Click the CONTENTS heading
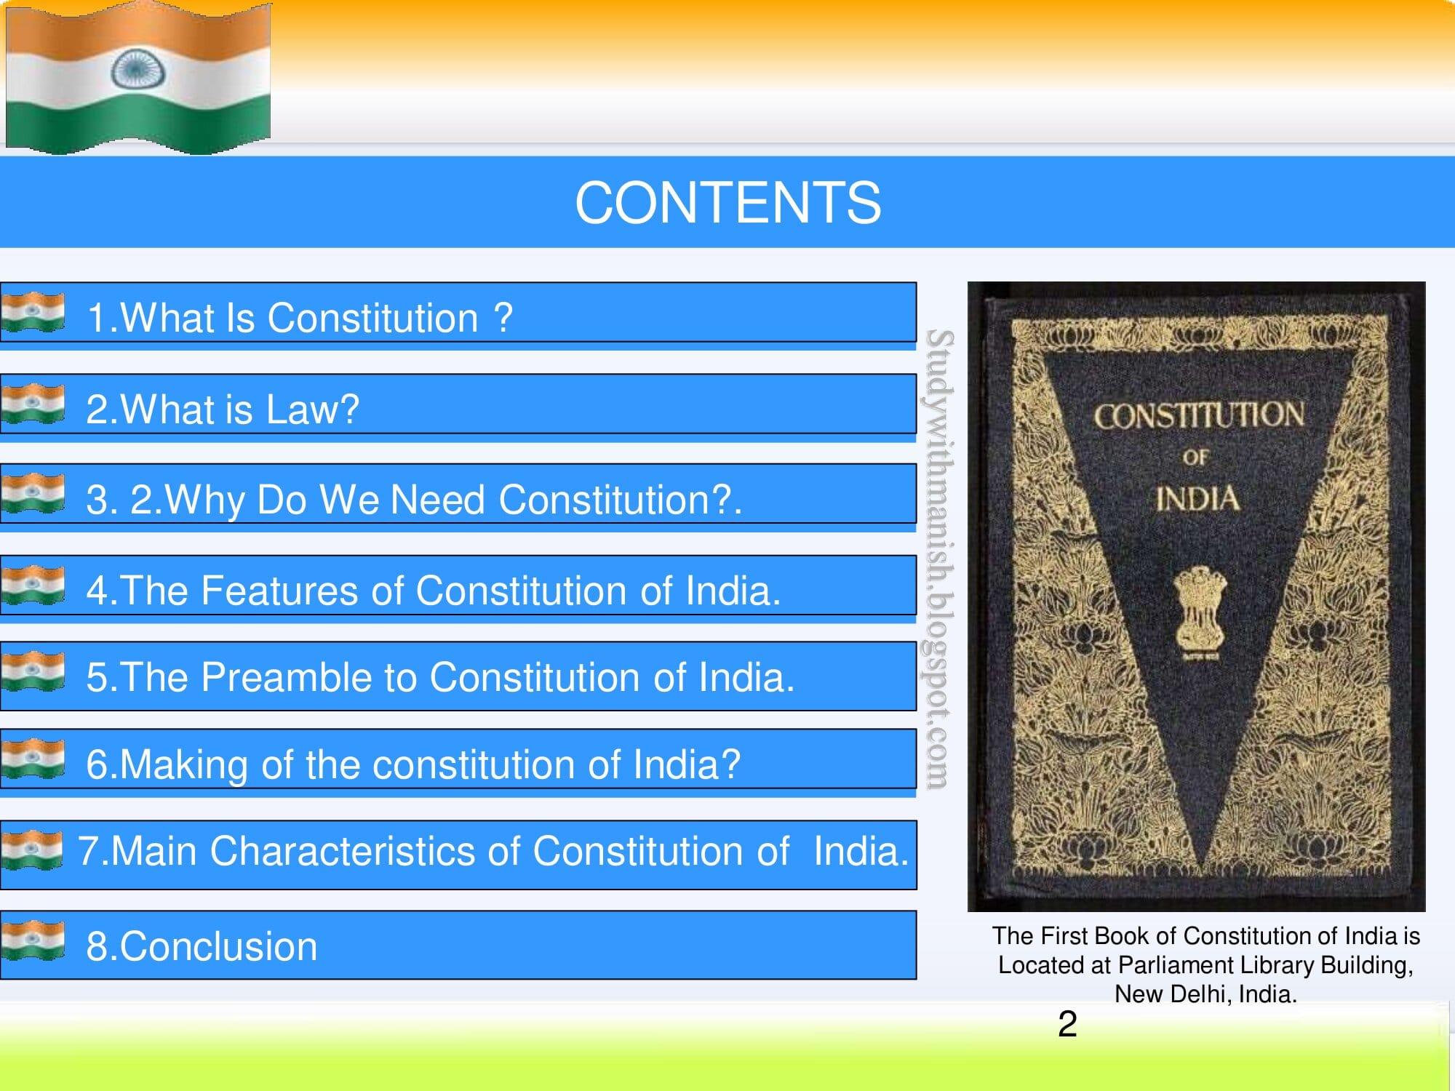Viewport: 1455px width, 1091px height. [x=727, y=202]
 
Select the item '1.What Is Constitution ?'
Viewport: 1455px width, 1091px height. [x=299, y=318]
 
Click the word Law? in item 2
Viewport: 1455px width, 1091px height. [x=313, y=409]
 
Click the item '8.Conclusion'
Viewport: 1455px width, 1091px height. [x=202, y=946]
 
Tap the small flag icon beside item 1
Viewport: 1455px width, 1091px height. [x=33, y=312]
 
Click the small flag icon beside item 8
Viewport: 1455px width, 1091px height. [x=33, y=940]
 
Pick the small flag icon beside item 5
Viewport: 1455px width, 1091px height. [x=33, y=671]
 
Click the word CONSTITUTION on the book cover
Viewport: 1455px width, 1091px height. [x=1198, y=415]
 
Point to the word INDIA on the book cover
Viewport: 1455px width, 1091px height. [x=1197, y=499]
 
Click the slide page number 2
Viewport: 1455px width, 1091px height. [x=1067, y=1024]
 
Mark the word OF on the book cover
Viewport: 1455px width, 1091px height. [x=1195, y=457]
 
